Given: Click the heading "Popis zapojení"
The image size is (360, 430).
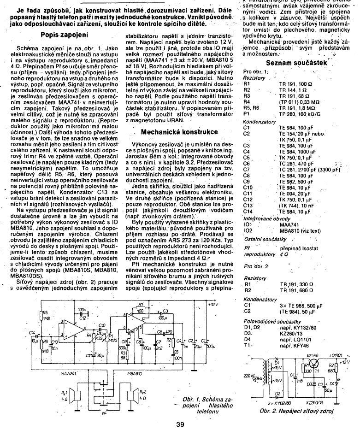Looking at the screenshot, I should (x=65, y=35).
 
